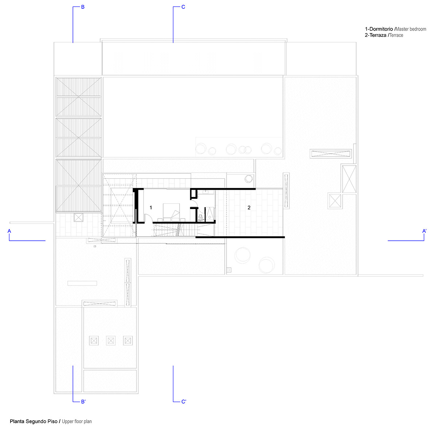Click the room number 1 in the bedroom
(x=150, y=207)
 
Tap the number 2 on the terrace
(x=249, y=207)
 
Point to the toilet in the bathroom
(x=200, y=218)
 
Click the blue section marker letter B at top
(x=83, y=7)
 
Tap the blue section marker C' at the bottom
(x=184, y=401)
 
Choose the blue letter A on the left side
(x=9, y=231)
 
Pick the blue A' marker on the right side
(x=424, y=231)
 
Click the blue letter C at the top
(x=183, y=7)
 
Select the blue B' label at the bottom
(x=83, y=401)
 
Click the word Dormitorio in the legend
(x=381, y=29)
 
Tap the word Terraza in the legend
(x=378, y=35)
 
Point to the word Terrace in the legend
(x=396, y=35)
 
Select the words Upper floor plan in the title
(x=76, y=421)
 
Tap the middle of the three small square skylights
(x=111, y=340)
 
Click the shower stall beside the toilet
(x=210, y=214)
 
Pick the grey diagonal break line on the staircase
(x=179, y=230)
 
